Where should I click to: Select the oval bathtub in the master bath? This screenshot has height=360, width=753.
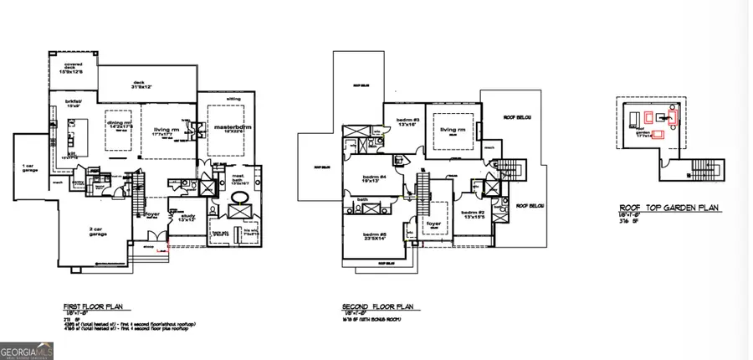[240, 199]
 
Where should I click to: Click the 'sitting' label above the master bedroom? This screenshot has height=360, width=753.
[233, 99]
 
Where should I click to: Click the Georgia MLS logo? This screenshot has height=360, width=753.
[27, 351]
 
